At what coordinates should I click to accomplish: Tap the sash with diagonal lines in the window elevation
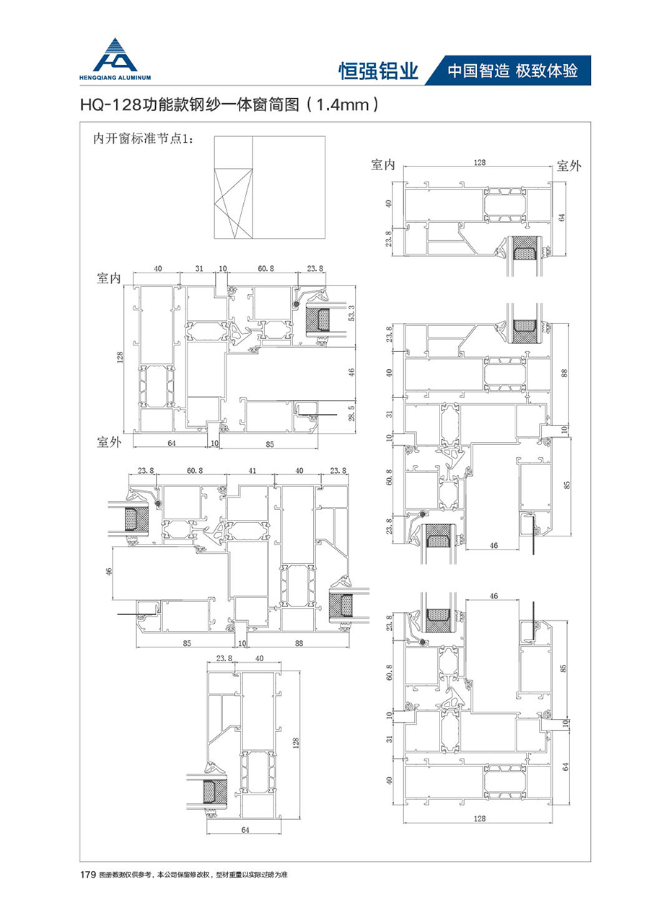pos(234,203)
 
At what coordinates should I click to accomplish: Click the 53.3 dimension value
pos(351,314)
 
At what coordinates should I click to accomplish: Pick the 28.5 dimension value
pos(351,414)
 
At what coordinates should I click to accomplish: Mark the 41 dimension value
pos(253,471)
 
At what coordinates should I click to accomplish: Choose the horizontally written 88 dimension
pos(298,643)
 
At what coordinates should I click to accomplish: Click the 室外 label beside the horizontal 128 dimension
pos(569,166)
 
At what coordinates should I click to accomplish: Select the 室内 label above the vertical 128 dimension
pos(108,278)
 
